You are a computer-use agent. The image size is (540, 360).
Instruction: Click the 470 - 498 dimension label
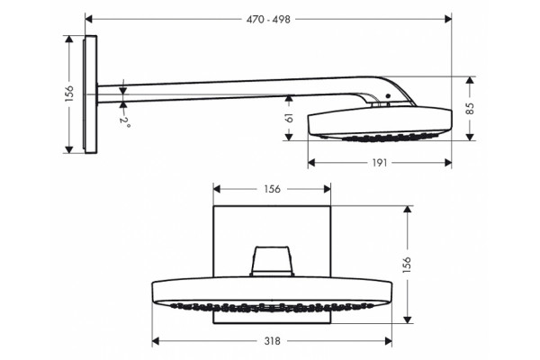pyautogui.click(x=268, y=19)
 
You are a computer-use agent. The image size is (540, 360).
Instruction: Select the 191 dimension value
pyautogui.click(x=380, y=163)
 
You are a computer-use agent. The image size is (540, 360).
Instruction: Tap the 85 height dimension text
pyautogui.click(x=470, y=109)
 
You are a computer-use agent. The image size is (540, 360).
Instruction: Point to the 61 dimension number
pyautogui.click(x=289, y=118)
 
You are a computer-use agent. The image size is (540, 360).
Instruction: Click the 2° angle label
pyautogui.click(x=125, y=122)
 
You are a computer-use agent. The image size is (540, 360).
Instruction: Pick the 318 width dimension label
pyautogui.click(x=273, y=341)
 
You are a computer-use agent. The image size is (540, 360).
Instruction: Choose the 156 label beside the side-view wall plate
pyautogui.click(x=69, y=94)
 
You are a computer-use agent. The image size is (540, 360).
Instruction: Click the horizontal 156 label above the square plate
pyautogui.click(x=272, y=189)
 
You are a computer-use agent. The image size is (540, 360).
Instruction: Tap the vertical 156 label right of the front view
pyautogui.click(x=407, y=265)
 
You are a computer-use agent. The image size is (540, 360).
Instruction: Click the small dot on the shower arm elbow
pyautogui.click(x=388, y=96)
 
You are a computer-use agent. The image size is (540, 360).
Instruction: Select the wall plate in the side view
pyautogui.click(x=90, y=94)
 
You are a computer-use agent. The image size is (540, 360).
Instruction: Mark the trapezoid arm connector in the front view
pyautogui.click(x=272, y=261)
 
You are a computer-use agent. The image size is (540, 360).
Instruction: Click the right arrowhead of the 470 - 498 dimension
pyautogui.click(x=448, y=19)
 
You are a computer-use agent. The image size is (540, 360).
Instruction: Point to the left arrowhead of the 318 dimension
pyautogui.click(x=156, y=341)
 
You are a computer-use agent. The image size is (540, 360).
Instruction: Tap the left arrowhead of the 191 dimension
pyautogui.click(x=311, y=163)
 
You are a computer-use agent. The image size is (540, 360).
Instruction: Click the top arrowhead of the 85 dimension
pyautogui.click(x=470, y=80)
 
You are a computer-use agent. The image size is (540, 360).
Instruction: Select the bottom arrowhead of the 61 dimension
pyautogui.click(x=289, y=137)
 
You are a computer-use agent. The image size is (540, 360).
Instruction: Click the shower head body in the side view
pyautogui.click(x=380, y=123)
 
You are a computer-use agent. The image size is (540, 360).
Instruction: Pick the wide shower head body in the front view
pyautogui.click(x=272, y=294)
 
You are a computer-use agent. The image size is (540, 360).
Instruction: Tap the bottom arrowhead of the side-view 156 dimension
pyautogui.click(x=69, y=149)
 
